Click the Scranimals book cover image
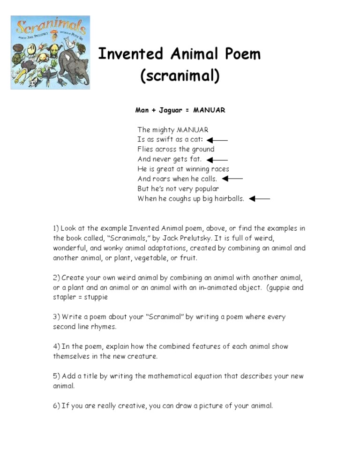coord(50,53)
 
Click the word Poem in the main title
coord(238,54)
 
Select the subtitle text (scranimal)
coord(180,76)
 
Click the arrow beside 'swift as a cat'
coord(217,140)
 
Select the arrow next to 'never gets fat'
coord(217,159)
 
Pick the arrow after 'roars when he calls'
coord(232,179)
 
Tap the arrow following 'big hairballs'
coord(260,199)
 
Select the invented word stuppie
coord(96,297)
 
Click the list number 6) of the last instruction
coord(56,406)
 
